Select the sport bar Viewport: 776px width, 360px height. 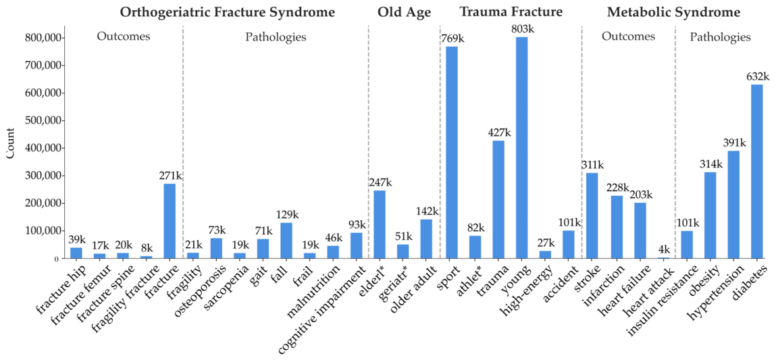point(452,153)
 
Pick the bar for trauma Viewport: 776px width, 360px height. point(498,199)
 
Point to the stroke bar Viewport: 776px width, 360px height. point(592,216)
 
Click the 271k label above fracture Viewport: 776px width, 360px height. point(170,176)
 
